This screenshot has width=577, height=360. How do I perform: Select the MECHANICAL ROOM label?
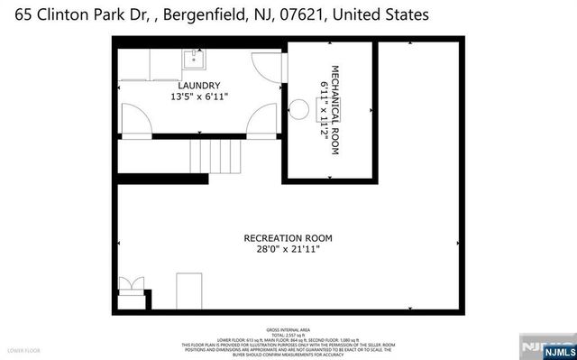click(x=334, y=110)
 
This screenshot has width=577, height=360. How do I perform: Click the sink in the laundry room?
click(x=196, y=60)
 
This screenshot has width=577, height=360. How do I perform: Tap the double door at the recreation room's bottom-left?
click(x=132, y=285)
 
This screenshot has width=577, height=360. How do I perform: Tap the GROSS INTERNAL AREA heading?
click(x=288, y=330)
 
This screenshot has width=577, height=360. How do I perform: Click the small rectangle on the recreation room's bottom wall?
click(x=190, y=288)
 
